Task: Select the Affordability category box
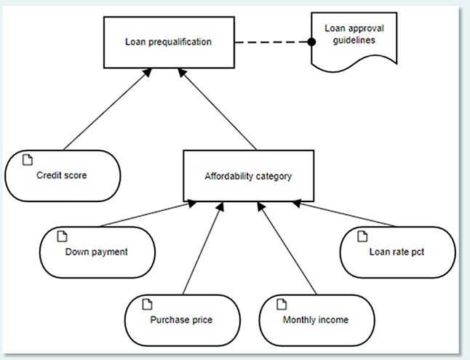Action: point(248,175)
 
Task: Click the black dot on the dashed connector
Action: point(311,42)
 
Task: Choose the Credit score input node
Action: point(62,175)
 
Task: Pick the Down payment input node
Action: point(97,252)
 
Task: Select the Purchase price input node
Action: point(182,319)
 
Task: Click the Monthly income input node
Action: point(316,319)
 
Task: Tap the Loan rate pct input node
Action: point(397,253)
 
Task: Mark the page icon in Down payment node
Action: point(62,236)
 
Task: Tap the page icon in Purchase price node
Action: point(148,303)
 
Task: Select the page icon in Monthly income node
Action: point(282,303)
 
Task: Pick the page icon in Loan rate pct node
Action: point(363,236)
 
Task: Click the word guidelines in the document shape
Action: point(349,41)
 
